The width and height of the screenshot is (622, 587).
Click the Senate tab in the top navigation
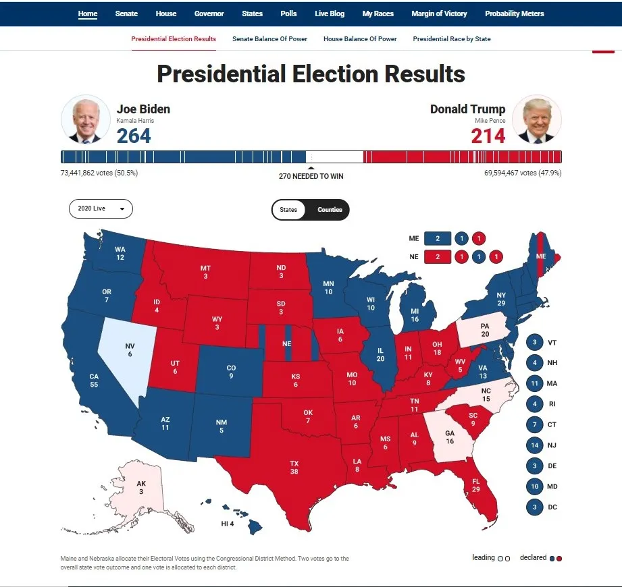pyautogui.click(x=126, y=13)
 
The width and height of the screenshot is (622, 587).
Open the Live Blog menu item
pyautogui.click(x=330, y=13)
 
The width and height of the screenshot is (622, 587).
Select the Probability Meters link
pyautogui.click(x=514, y=13)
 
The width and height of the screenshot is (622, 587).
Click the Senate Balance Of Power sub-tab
pyautogui.click(x=269, y=39)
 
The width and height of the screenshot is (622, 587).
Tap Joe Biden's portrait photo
pyautogui.click(x=86, y=120)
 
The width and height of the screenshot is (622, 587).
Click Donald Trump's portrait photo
pyautogui.click(x=536, y=120)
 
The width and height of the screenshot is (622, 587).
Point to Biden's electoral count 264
pyautogui.click(x=134, y=136)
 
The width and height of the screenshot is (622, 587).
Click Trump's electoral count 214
pyautogui.click(x=488, y=136)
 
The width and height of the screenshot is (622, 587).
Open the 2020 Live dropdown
pyautogui.click(x=101, y=209)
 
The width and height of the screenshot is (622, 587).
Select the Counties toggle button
pyautogui.click(x=330, y=210)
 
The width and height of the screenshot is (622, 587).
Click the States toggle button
pyautogui.click(x=288, y=210)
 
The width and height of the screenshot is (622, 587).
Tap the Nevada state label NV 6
pyautogui.click(x=130, y=350)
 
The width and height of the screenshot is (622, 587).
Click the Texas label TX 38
pyautogui.click(x=294, y=468)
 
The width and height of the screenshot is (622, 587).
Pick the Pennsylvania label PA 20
pyautogui.click(x=484, y=330)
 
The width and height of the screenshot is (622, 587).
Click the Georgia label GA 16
pyautogui.click(x=450, y=437)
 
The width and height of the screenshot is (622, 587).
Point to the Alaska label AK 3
pyautogui.click(x=140, y=487)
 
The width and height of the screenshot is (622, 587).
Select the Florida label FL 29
pyautogui.click(x=475, y=484)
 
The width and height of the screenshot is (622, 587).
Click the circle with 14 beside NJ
pyautogui.click(x=534, y=445)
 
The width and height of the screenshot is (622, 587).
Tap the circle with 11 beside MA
pyautogui.click(x=534, y=383)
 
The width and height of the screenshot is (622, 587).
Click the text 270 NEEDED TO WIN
pyautogui.click(x=311, y=176)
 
